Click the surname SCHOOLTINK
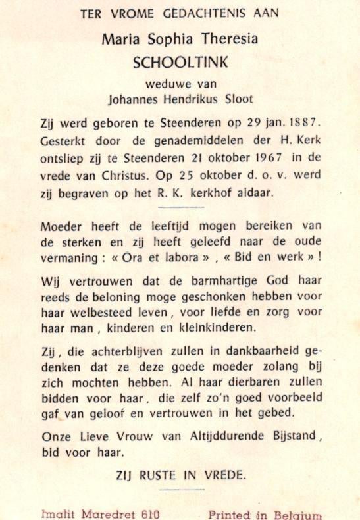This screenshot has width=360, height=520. tap(180, 63)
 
